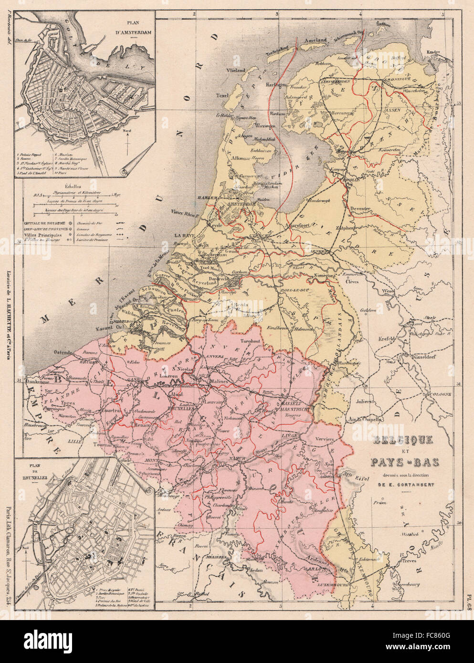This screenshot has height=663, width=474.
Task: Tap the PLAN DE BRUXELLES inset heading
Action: point(34,465)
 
